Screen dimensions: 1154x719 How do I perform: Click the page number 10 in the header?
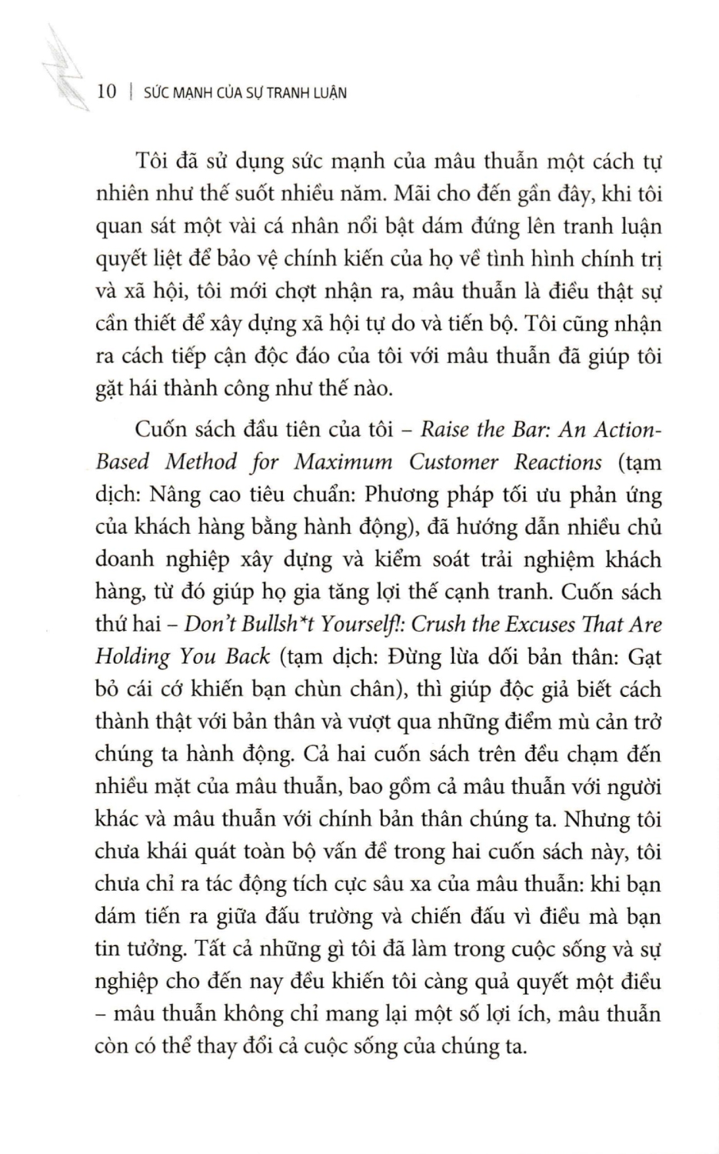107,92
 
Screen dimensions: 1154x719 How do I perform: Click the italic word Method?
201,462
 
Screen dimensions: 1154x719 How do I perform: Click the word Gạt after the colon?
644,656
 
